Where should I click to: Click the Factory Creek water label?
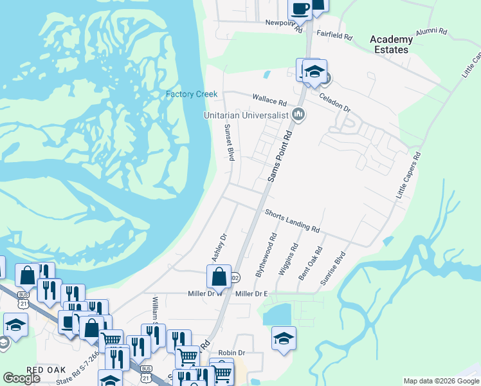(192, 95)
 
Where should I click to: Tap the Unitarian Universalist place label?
(246, 115)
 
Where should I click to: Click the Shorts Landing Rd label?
(293, 220)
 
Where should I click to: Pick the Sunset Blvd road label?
(228, 143)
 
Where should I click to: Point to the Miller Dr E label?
(251, 294)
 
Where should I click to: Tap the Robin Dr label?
(232, 353)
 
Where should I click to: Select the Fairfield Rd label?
(334, 35)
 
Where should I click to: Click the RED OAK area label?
(44, 370)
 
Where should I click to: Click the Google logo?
(21, 378)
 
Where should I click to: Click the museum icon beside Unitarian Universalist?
(298, 115)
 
